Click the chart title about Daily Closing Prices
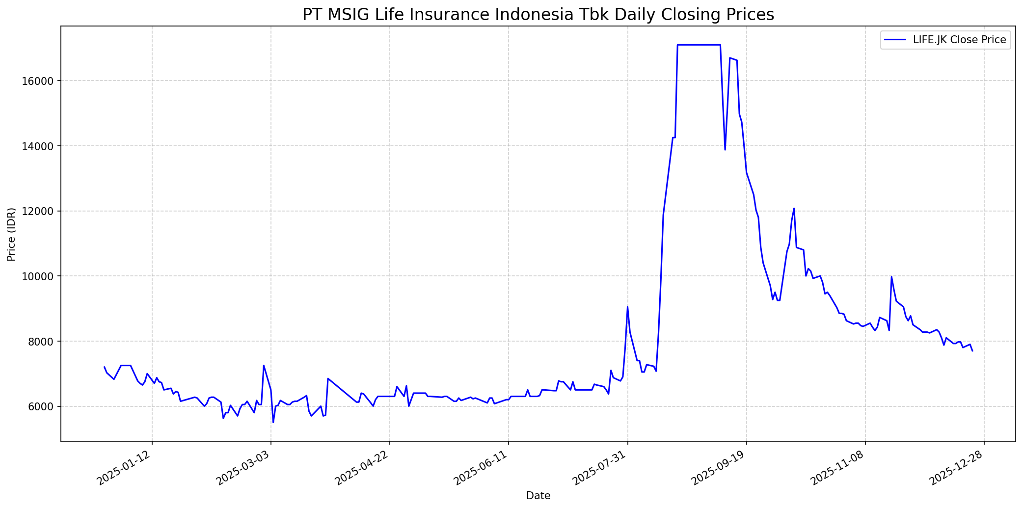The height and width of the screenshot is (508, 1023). pyautogui.click(x=538, y=15)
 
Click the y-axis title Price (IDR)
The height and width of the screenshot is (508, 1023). pyautogui.click(x=11, y=234)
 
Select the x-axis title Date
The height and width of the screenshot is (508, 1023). pyautogui.click(x=538, y=496)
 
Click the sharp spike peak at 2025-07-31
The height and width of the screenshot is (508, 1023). pyautogui.click(x=627, y=307)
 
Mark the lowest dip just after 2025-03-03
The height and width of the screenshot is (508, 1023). pyautogui.click(x=273, y=422)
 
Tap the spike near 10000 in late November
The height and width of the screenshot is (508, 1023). pyautogui.click(x=891, y=277)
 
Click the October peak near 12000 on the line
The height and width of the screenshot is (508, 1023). pyautogui.click(x=794, y=209)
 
